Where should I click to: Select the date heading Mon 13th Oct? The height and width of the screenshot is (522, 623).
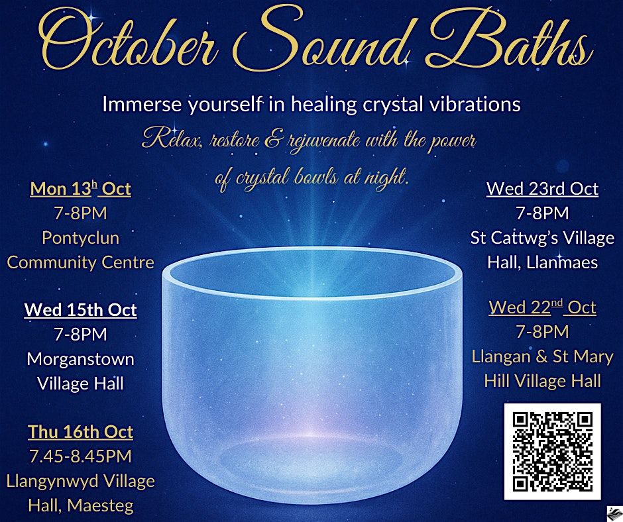click(81, 189)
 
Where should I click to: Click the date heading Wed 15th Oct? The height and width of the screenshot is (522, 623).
click(81, 310)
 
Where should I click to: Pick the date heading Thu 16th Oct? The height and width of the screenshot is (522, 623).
click(81, 432)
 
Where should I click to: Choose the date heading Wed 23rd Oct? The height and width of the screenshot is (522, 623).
click(542, 189)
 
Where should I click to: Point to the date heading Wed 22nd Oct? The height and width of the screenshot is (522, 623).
click(542, 307)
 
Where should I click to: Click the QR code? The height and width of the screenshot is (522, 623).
click(552, 452)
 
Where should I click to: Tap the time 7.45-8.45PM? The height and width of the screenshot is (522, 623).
click(81, 456)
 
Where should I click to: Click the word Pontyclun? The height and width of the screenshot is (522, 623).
click(81, 238)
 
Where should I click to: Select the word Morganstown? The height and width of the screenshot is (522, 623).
click(81, 360)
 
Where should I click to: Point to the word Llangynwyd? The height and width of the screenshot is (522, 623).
click(47, 482)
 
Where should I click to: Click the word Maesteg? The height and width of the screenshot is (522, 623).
click(100, 505)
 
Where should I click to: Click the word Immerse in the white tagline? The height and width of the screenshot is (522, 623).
click(142, 105)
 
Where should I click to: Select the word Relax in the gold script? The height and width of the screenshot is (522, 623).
click(171, 140)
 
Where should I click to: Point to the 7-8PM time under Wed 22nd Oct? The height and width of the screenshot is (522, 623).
click(542, 332)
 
